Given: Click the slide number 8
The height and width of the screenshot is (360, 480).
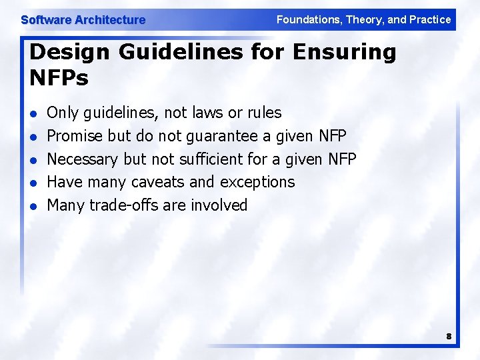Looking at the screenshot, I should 449,337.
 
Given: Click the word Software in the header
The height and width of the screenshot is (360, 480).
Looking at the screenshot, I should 46,20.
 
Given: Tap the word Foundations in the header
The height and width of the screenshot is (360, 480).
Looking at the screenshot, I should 307,19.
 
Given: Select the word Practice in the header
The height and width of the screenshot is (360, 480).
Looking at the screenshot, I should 429,19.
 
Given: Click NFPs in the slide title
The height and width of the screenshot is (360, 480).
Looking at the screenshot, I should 59,79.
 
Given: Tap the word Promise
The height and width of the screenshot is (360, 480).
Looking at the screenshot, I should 75,136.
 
